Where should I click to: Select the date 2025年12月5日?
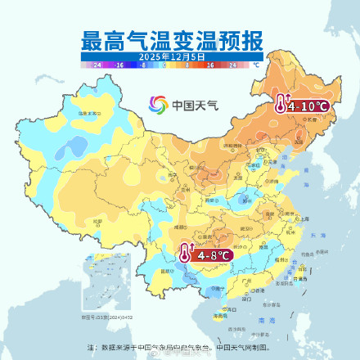coord(171,56)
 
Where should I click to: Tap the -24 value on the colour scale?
coord(97,64)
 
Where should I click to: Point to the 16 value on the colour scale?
coord(209,64)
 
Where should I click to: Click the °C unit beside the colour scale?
coord(255,64)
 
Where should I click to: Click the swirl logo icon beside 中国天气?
coord(158,105)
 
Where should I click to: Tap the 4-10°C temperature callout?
coord(308,106)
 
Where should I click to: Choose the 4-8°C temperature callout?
coord(211,255)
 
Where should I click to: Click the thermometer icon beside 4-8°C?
coord(185,254)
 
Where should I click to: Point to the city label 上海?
coord(304,219)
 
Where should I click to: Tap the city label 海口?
coord(219,313)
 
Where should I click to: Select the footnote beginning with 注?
coord(179,346)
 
